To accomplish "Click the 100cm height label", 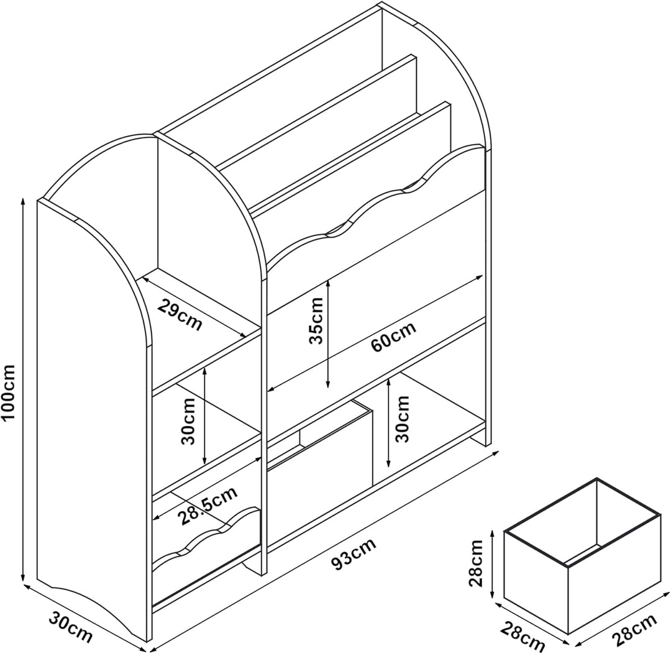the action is (x=9, y=392).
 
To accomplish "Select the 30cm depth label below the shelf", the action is (x=70, y=627).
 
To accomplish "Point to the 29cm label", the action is (x=180, y=315).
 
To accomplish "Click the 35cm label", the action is (x=317, y=320).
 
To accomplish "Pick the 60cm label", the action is (x=393, y=337).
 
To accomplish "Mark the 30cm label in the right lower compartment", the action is (x=402, y=419).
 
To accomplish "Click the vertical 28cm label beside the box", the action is (x=475, y=563).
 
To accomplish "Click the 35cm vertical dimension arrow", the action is (x=328, y=334).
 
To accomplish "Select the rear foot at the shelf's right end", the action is (x=478, y=440).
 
